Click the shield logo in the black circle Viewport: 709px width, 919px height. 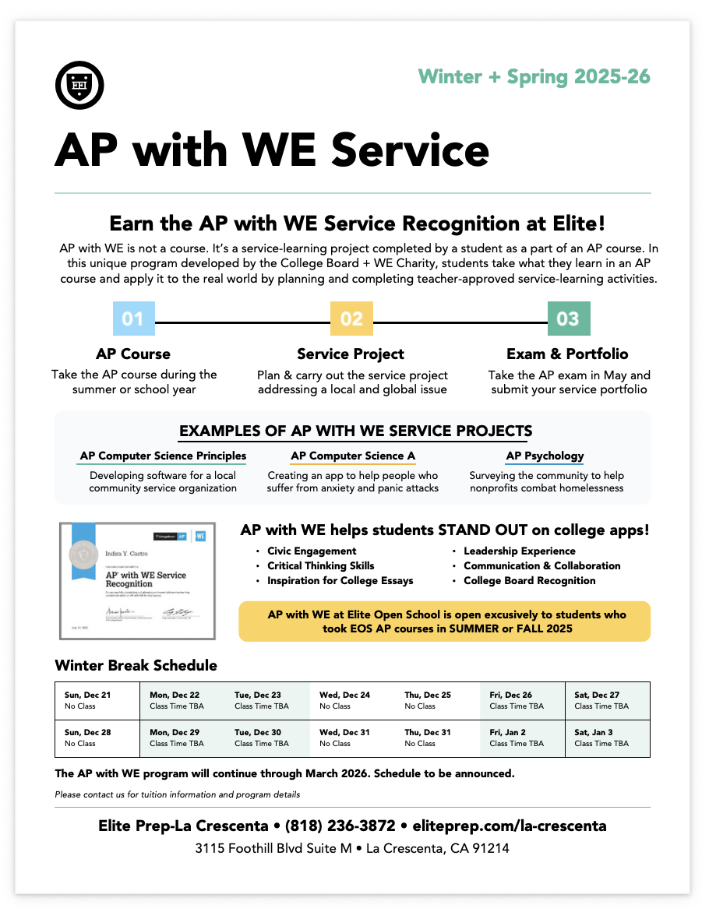(x=80, y=84)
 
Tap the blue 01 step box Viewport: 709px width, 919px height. (x=133, y=319)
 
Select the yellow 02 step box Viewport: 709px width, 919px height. (x=351, y=319)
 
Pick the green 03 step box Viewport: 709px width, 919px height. (x=569, y=319)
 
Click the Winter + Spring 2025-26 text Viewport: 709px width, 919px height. (x=534, y=76)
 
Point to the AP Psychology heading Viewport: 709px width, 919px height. (x=545, y=456)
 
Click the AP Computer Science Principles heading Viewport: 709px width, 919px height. (x=163, y=456)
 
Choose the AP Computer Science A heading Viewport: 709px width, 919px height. (x=353, y=456)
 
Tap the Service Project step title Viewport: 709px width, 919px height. (x=351, y=354)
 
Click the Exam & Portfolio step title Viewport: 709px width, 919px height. (x=567, y=354)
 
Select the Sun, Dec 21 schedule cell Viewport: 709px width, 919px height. (x=97, y=700)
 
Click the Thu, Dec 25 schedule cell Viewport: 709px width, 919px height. (x=437, y=700)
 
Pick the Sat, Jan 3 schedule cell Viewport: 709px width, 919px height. (x=608, y=738)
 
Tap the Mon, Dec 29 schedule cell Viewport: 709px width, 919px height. (x=182, y=738)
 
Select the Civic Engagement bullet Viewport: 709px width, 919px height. (x=312, y=551)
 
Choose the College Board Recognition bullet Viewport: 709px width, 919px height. (x=529, y=581)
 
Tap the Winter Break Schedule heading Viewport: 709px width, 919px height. (x=136, y=666)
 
